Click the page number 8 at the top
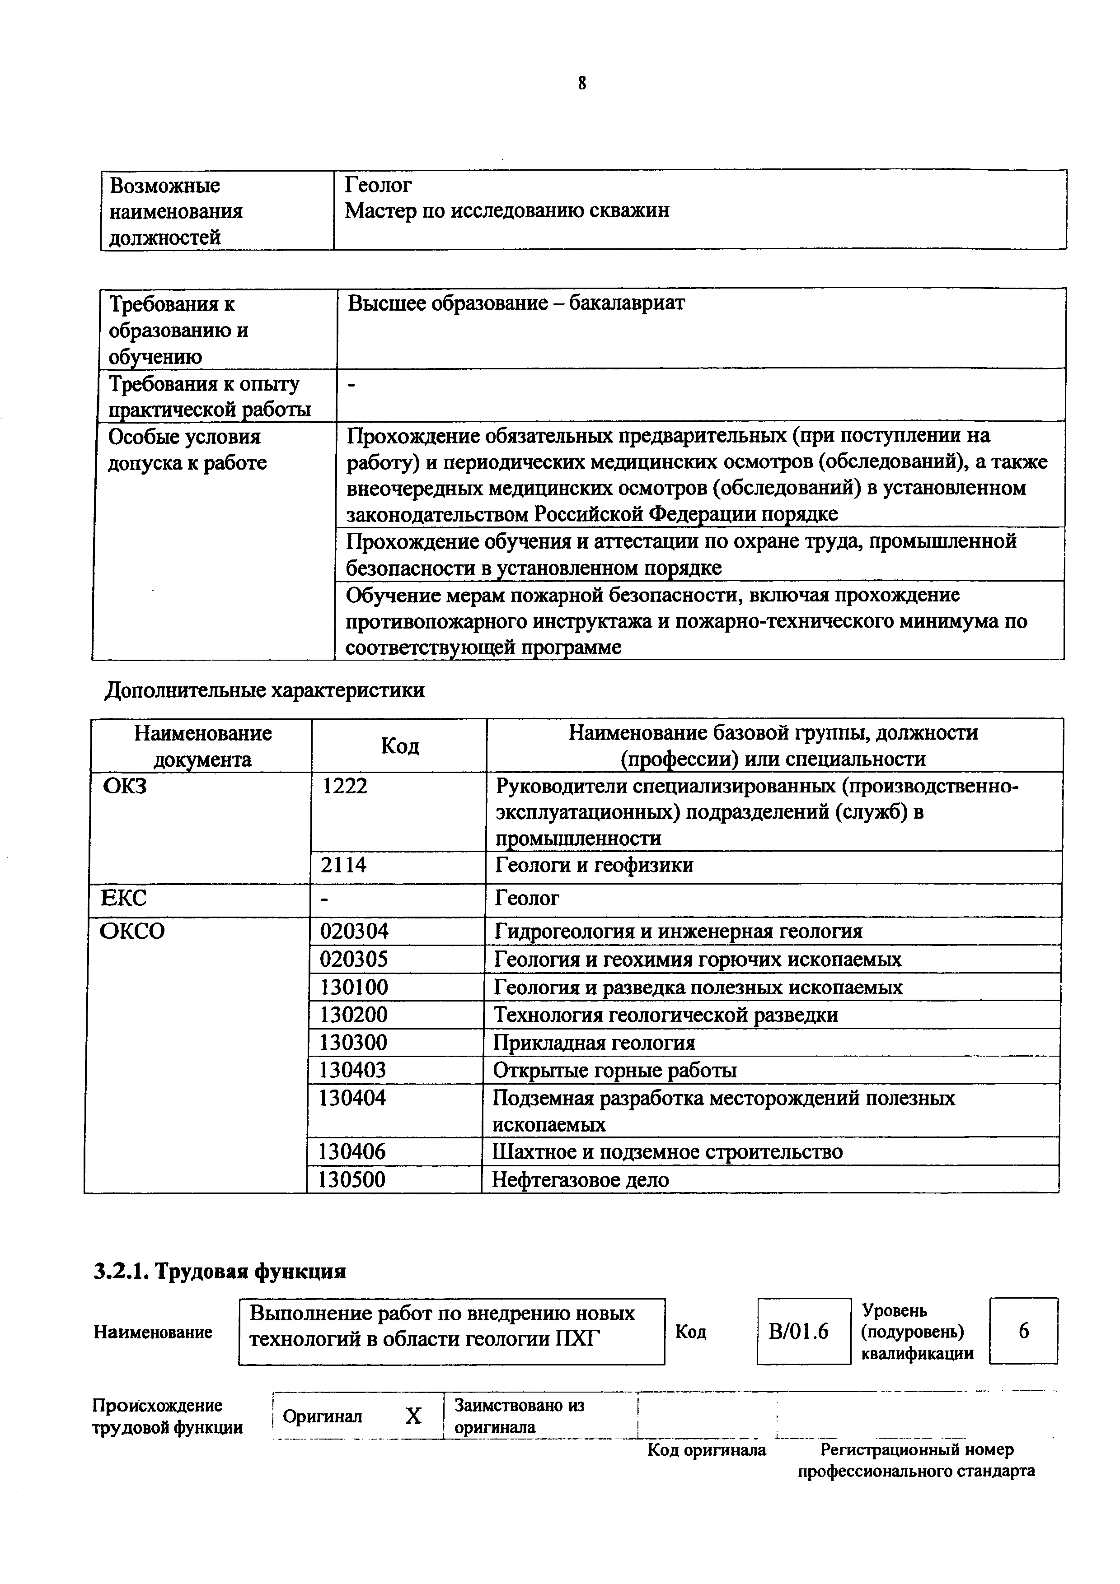pos(582,84)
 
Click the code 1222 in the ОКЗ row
pos(345,786)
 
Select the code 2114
pos(344,865)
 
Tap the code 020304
pos(354,932)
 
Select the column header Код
pos(399,746)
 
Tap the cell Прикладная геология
pos(594,1043)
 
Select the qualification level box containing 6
pos(1023,1330)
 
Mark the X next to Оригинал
pos(412,1416)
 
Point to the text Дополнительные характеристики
pos(264,690)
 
